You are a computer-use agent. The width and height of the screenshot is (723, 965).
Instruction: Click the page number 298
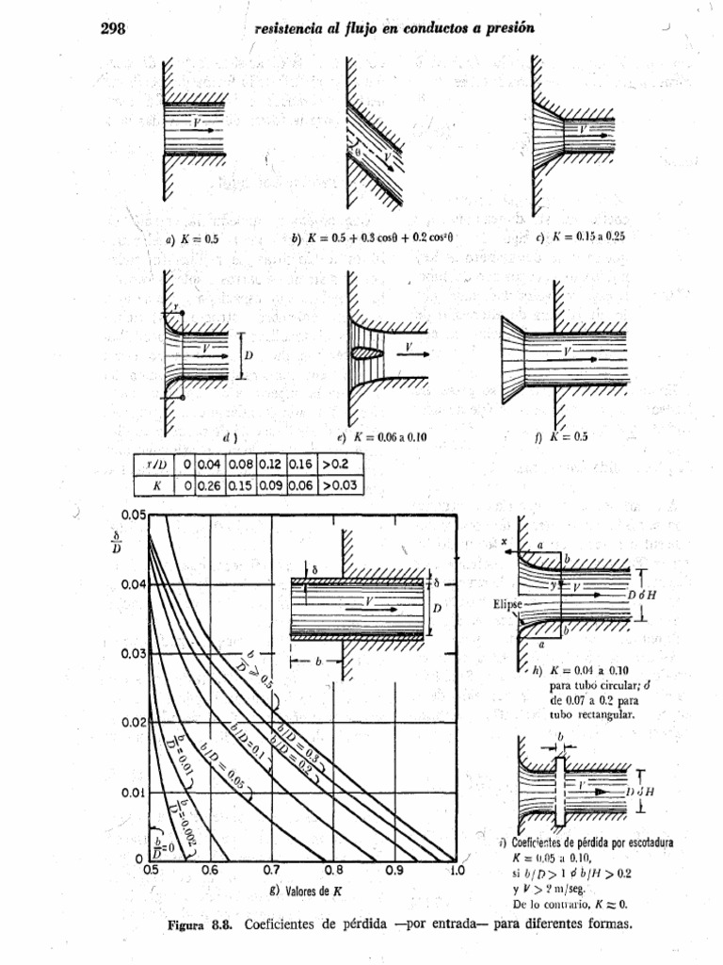(113, 28)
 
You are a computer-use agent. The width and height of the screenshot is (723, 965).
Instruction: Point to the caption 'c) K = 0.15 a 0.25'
(579, 237)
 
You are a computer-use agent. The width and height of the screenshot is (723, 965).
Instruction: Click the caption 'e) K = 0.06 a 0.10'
(381, 437)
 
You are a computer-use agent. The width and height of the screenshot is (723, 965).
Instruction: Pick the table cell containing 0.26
(211, 486)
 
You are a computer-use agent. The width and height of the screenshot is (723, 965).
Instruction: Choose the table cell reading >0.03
(340, 486)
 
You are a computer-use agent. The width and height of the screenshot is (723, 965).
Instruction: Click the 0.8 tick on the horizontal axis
(332, 872)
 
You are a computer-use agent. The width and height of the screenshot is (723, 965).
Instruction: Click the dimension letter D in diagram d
(249, 355)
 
